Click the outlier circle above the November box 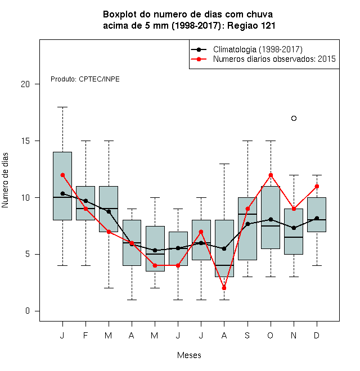tap(294, 118)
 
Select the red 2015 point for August tap(224, 288)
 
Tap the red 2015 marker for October tap(271, 175)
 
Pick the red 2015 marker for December tap(317, 187)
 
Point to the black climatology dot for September tap(247, 224)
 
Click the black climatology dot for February tap(85, 201)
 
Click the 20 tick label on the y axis tap(25, 84)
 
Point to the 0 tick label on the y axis tap(28, 311)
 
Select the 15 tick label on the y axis tap(25, 141)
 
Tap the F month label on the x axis tap(85, 335)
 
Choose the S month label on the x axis tap(247, 335)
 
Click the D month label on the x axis tap(317, 335)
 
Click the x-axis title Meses tap(189, 355)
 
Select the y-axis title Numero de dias tap(5, 180)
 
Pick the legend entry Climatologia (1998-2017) tap(258, 49)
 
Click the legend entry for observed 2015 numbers tap(274, 59)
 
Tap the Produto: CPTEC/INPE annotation tap(85, 79)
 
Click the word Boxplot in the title tap(120, 15)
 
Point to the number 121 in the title tap(268, 25)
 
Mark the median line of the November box tap(294, 237)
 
